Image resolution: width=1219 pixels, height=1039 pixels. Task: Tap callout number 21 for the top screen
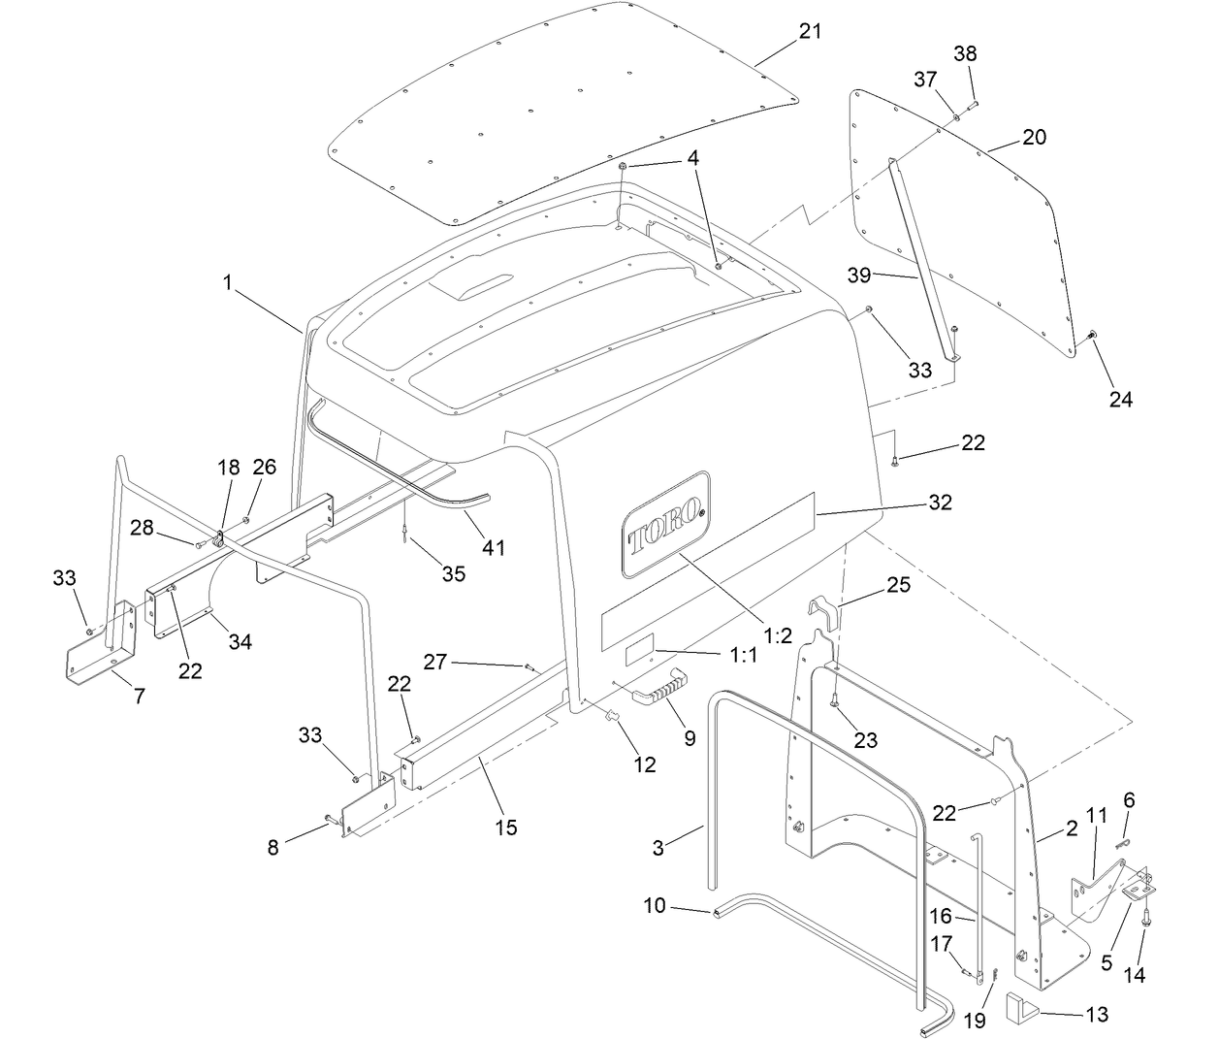pos(810,31)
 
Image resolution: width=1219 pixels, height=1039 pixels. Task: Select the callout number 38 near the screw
pos(965,54)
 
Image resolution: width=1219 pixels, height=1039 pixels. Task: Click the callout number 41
pos(494,548)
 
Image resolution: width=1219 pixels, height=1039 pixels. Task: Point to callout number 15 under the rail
pos(505,827)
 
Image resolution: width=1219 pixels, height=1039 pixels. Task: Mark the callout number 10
pos(655,905)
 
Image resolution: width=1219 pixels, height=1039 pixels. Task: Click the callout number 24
pos(1120,399)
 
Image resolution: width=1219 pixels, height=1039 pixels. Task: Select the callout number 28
pos(142,527)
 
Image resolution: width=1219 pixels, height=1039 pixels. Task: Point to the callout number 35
pos(453,573)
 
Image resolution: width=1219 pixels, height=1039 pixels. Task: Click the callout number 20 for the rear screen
pos(1034,137)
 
